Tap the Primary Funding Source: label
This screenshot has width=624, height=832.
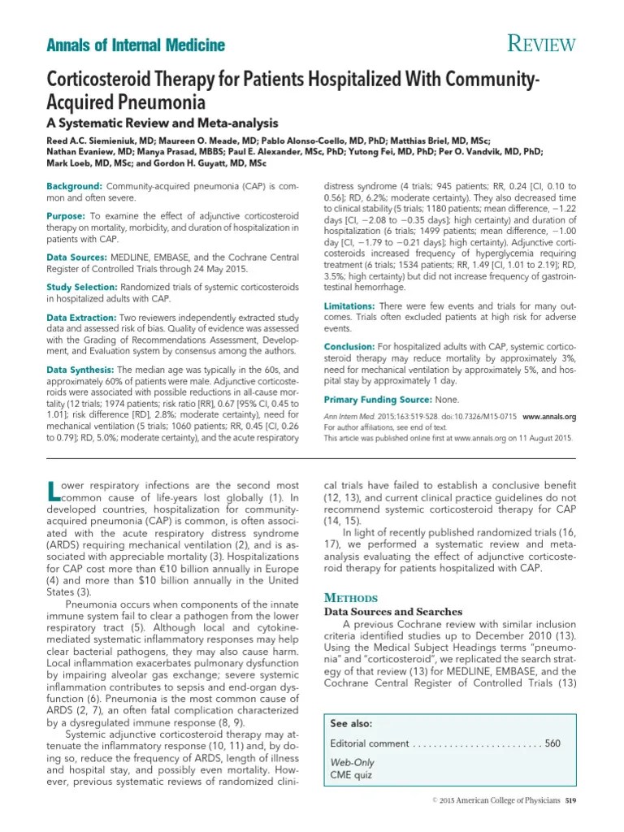point(378,399)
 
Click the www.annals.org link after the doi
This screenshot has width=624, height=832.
point(548,415)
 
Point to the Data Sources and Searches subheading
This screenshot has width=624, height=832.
point(393,612)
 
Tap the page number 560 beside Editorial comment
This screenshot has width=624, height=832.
point(552,743)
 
